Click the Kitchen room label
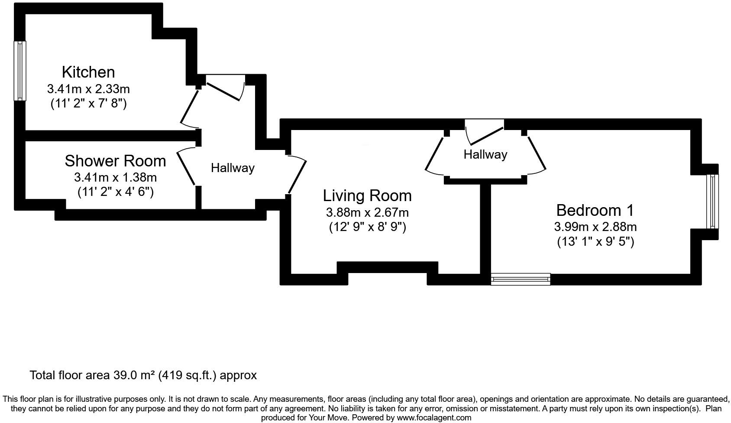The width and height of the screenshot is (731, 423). tap(88, 72)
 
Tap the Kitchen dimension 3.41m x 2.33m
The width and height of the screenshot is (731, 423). tap(88, 89)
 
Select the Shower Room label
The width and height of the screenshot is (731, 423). tap(115, 161)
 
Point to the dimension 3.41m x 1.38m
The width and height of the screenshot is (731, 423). tap(115, 177)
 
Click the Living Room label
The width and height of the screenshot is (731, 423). tap(367, 195)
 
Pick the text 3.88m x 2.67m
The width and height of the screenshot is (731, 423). tap(367, 212)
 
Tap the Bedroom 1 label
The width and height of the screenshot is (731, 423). tap(595, 210)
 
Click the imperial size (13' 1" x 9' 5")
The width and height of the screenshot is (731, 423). tap(595, 241)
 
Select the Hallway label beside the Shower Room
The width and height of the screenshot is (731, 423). tap(233, 168)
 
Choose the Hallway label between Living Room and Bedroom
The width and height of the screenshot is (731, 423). tap(485, 154)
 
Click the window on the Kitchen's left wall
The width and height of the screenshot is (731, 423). tap(20, 71)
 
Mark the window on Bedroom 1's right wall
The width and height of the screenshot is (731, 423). tap(712, 201)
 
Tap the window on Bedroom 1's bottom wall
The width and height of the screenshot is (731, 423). tap(520, 279)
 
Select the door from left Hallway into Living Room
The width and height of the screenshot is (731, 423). tap(298, 174)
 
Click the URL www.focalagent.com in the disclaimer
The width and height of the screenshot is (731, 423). tap(434, 418)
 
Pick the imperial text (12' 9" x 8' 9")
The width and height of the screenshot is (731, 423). tap(367, 227)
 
